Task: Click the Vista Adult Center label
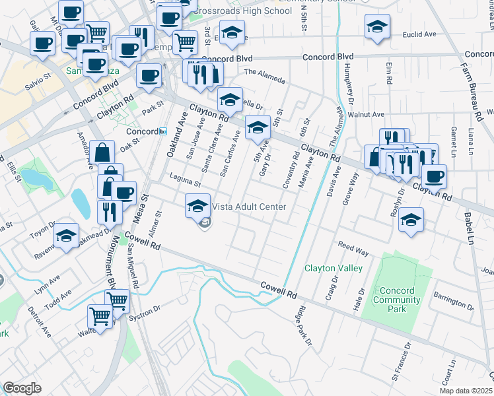249,207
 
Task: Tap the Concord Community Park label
397,295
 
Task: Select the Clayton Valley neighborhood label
333,269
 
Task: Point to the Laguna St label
184,179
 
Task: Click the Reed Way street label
353,251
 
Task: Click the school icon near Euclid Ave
376,27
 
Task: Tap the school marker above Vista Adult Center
197,205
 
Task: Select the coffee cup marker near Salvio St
43,44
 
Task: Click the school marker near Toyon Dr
66,236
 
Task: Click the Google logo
22,388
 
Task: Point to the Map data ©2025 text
466,391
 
